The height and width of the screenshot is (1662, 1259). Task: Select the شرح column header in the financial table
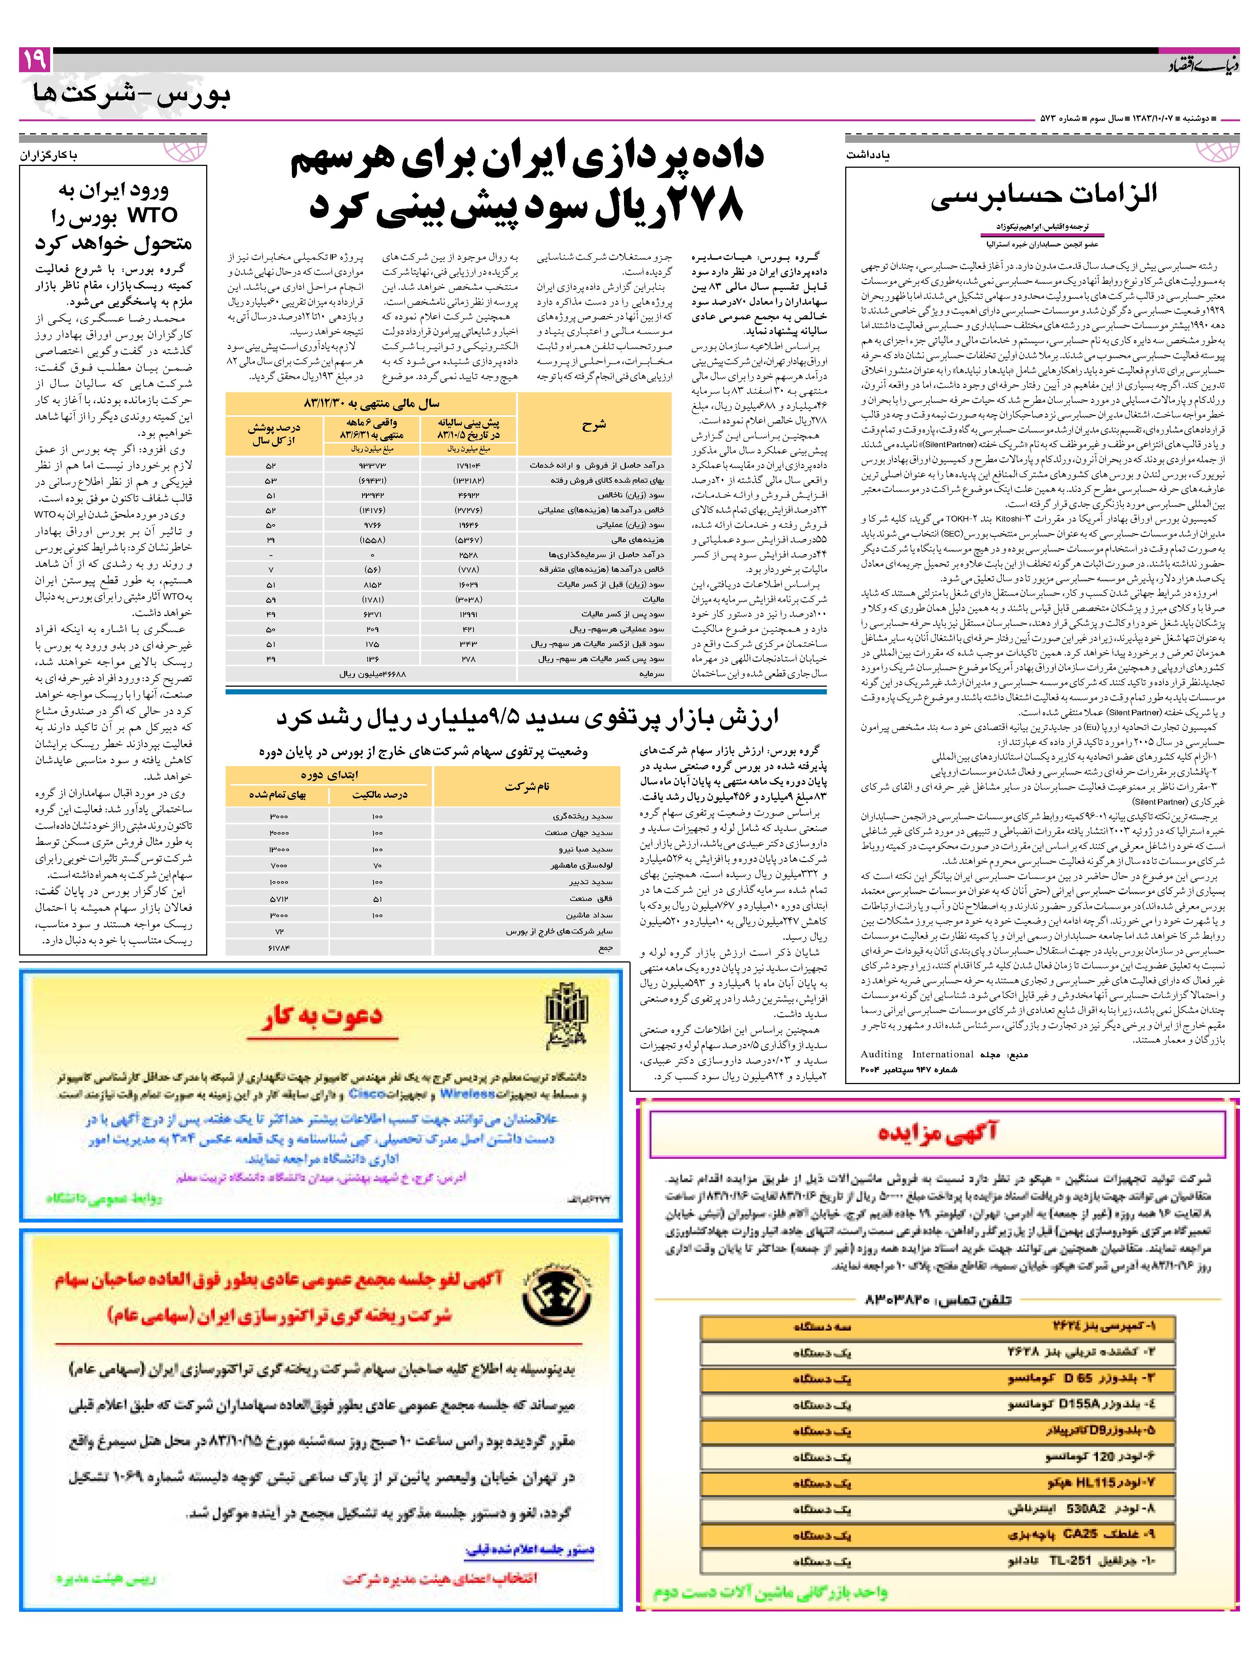tap(594, 424)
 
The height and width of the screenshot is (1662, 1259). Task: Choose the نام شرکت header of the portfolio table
tap(526, 786)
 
